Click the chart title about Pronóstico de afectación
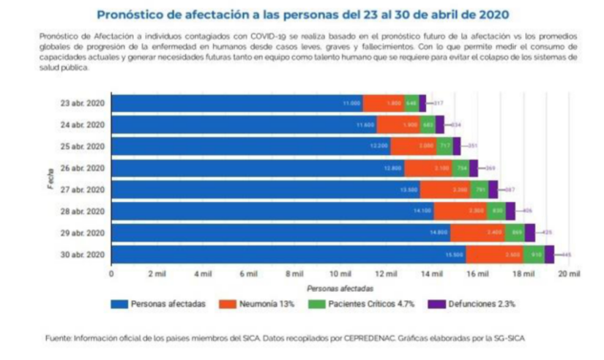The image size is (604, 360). pos(302,14)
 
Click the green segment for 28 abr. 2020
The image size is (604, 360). pos(496,211)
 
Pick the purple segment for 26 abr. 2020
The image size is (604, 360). pos(474,168)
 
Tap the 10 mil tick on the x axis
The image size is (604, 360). pos(340,274)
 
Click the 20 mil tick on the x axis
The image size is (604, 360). pos(569,274)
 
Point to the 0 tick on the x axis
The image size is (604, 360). pos(111,274)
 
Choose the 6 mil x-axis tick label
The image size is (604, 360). pos(248,274)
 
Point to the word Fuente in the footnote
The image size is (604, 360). pos(57,338)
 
